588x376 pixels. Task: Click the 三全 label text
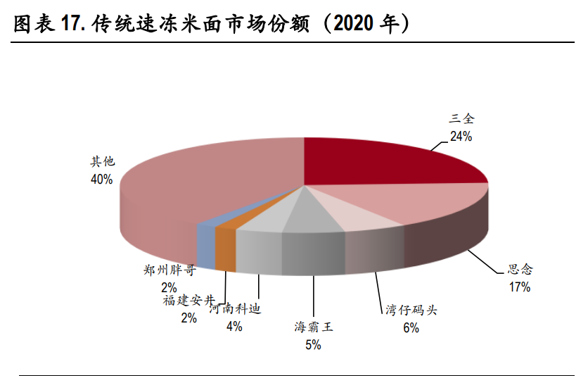click(461, 119)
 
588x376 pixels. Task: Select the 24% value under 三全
click(461, 137)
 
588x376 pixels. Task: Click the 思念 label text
click(520, 269)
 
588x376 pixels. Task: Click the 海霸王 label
click(313, 327)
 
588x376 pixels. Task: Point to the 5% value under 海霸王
click(313, 344)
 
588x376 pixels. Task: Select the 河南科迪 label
click(235, 308)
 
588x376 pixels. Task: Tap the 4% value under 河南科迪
click(234, 326)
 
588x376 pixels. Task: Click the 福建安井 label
click(188, 301)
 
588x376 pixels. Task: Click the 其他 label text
click(102, 161)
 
